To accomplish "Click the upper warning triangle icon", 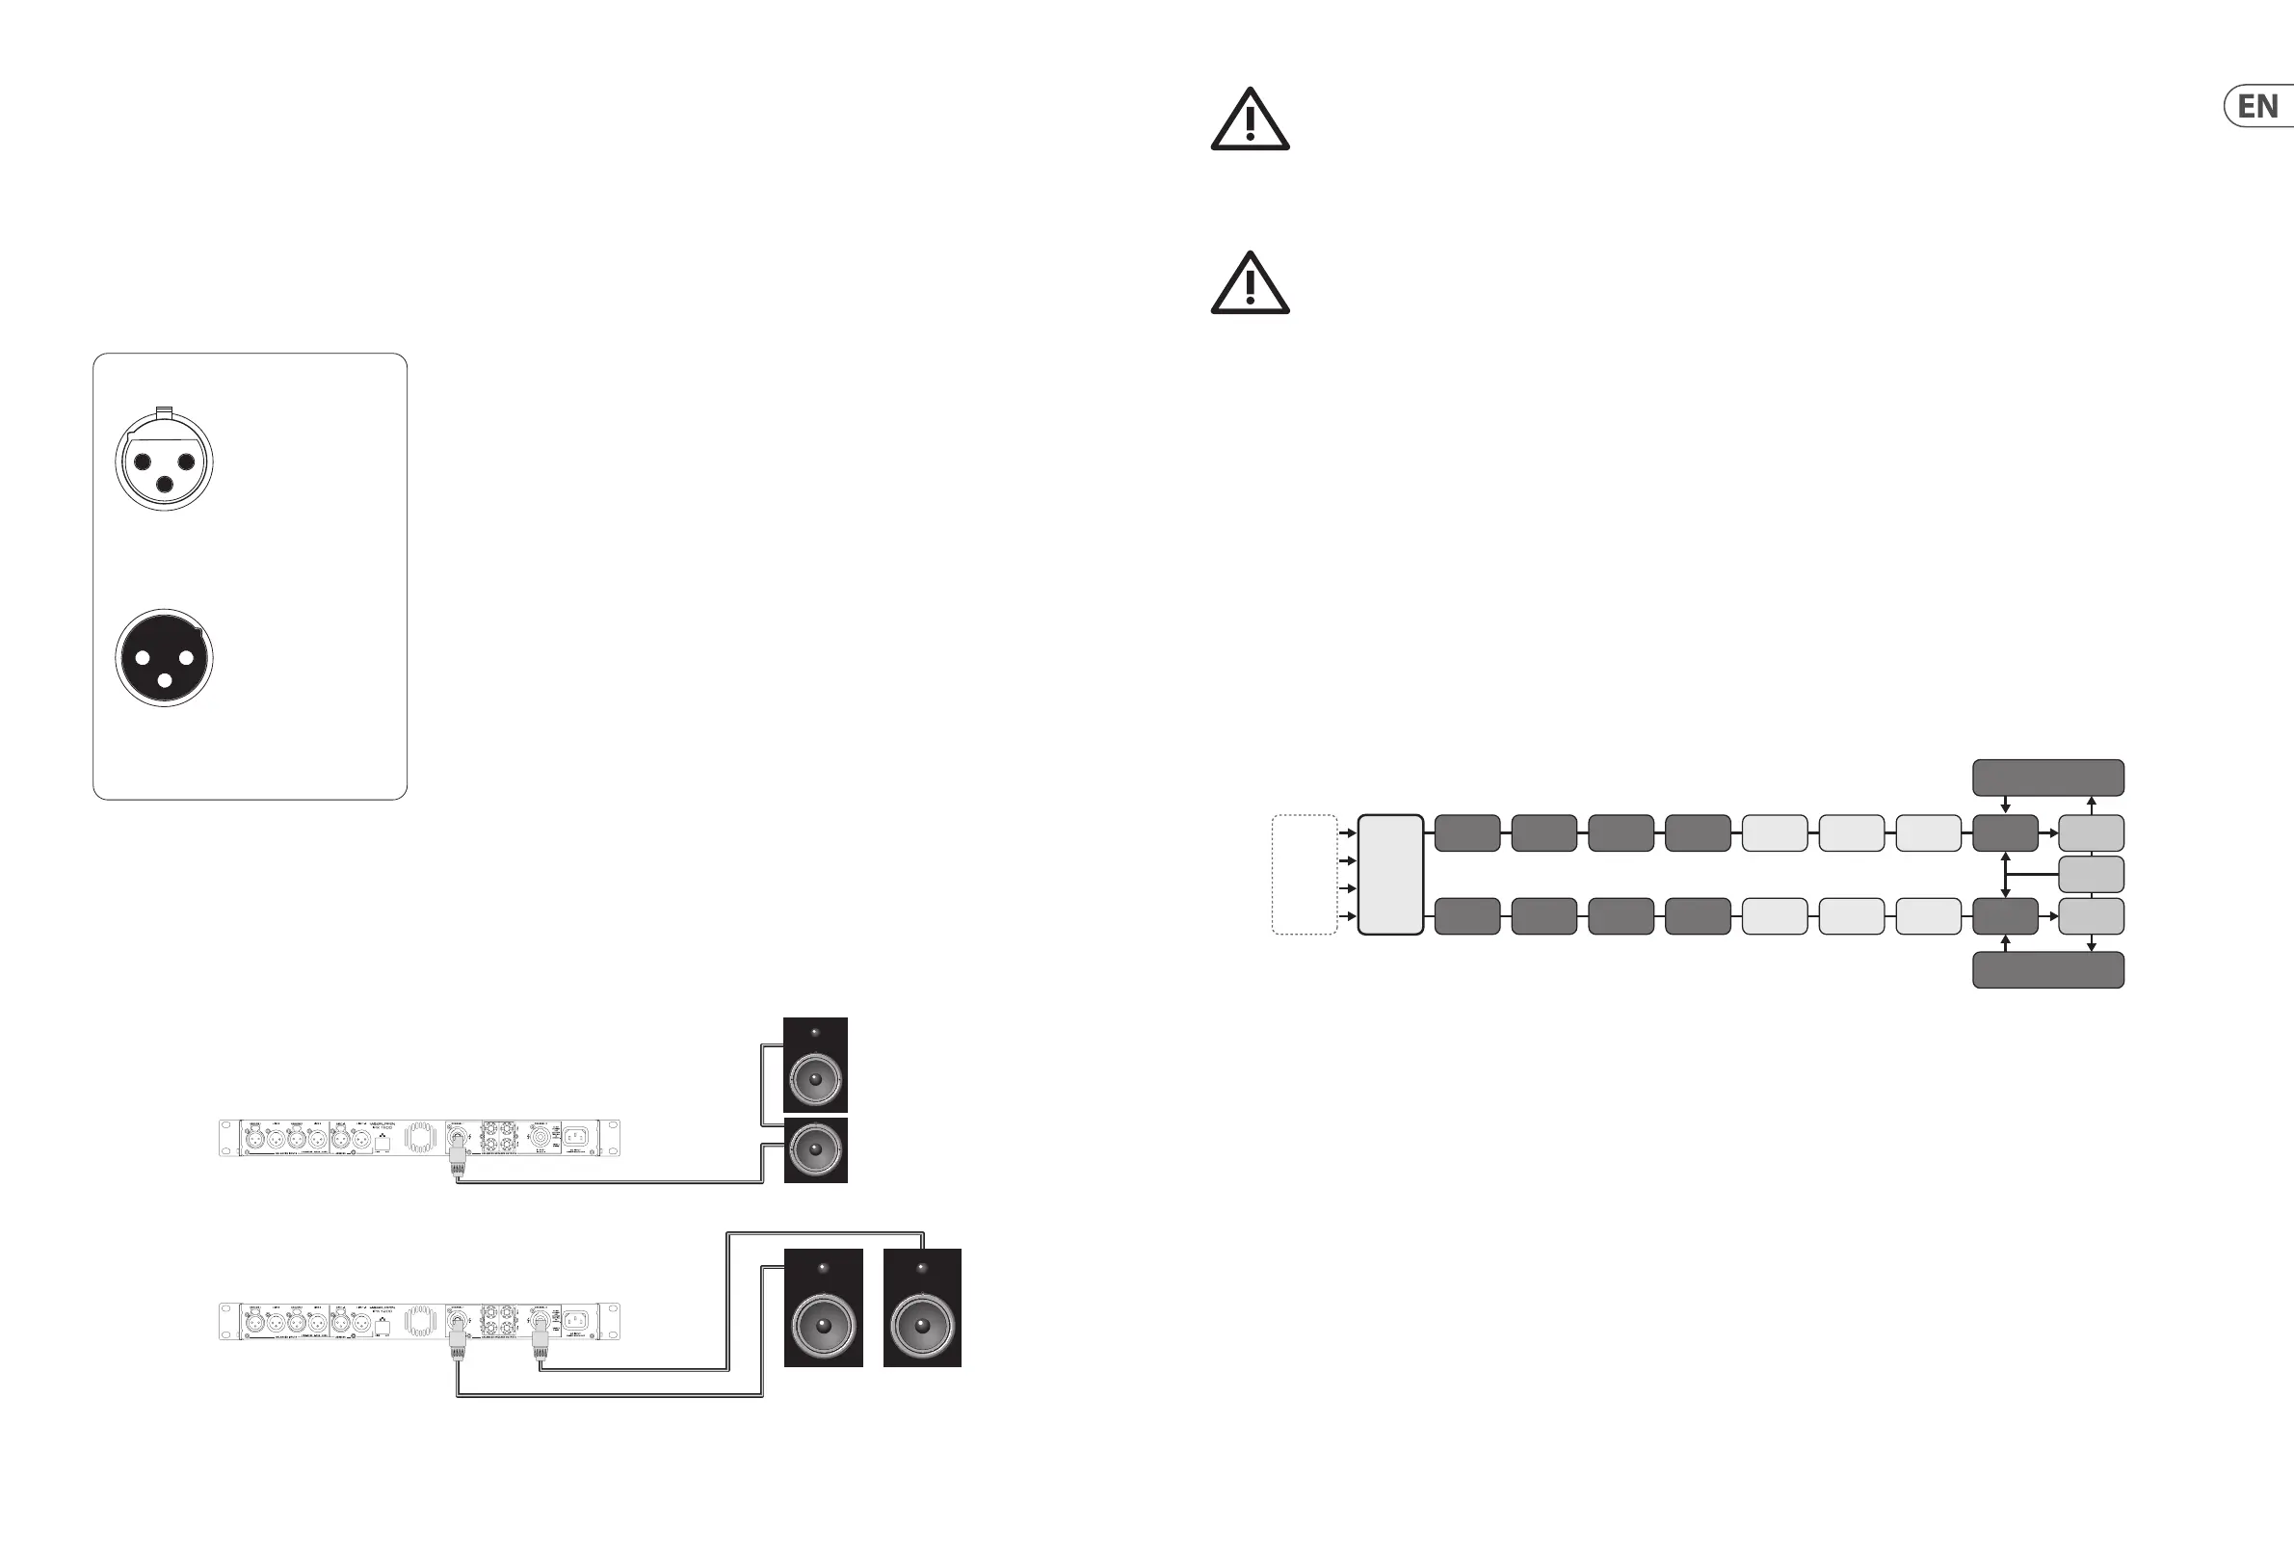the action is pyautogui.click(x=1250, y=121).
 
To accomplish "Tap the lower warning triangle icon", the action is pyautogui.click(x=1250, y=285).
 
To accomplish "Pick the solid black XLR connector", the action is pyautogui.click(x=164, y=657).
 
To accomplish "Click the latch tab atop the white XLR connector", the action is pyautogui.click(x=164, y=410).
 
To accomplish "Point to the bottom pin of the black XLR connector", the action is pyautogui.click(x=165, y=680).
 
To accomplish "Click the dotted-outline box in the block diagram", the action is pyautogui.click(x=1304, y=875).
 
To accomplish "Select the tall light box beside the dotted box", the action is pyautogui.click(x=1390, y=875).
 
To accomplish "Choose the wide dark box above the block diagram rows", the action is pyautogui.click(x=2047, y=778).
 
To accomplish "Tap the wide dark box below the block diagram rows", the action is pyautogui.click(x=2047, y=969).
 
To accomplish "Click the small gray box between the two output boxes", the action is pyautogui.click(x=2091, y=875).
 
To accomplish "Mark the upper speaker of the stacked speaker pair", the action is pyautogui.click(x=815, y=1066).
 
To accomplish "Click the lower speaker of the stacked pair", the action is pyautogui.click(x=815, y=1150).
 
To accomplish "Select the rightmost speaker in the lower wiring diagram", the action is pyautogui.click(x=922, y=1308).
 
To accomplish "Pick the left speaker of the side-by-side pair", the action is pyautogui.click(x=823, y=1308).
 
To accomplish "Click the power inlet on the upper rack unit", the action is pyautogui.click(x=576, y=1137).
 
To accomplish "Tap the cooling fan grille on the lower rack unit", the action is pyautogui.click(x=419, y=1321).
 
